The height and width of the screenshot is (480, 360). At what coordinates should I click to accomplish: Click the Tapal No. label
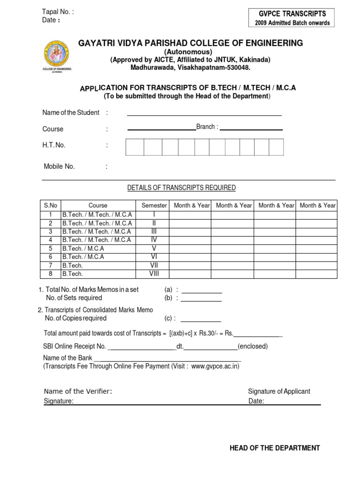coord(58,12)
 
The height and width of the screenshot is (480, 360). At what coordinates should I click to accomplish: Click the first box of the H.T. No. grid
coord(135,147)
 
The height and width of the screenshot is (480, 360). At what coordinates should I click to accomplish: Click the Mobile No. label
coord(59,166)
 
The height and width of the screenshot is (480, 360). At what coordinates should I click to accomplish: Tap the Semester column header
coord(154,205)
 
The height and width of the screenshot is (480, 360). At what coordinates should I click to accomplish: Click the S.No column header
coord(50,205)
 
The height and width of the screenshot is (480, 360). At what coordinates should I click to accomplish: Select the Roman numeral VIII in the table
coord(154,274)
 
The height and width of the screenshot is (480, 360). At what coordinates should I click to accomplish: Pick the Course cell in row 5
coord(83,248)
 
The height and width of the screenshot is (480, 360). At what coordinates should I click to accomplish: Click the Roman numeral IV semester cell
coord(154,240)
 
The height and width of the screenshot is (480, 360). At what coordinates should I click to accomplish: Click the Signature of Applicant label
coord(279,391)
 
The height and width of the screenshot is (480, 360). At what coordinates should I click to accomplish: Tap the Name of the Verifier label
coord(78,391)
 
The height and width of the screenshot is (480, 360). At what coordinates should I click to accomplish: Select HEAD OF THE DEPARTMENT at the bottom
coord(275,448)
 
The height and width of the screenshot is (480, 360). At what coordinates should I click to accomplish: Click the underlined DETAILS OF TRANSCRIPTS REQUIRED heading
coord(181,188)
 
